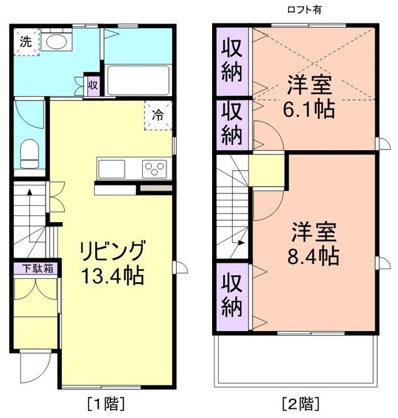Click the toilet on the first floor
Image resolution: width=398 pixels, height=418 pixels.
pos(29,155)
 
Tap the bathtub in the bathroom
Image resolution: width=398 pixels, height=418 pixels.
pos(137,80)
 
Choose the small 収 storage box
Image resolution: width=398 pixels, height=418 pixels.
pos(93,84)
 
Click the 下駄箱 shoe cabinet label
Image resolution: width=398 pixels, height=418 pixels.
pos(35,268)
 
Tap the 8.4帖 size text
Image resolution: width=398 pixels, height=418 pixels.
pos(314,255)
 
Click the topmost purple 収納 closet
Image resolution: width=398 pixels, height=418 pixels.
pos(232,61)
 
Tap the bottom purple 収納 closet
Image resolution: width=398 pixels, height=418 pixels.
pos(232,295)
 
